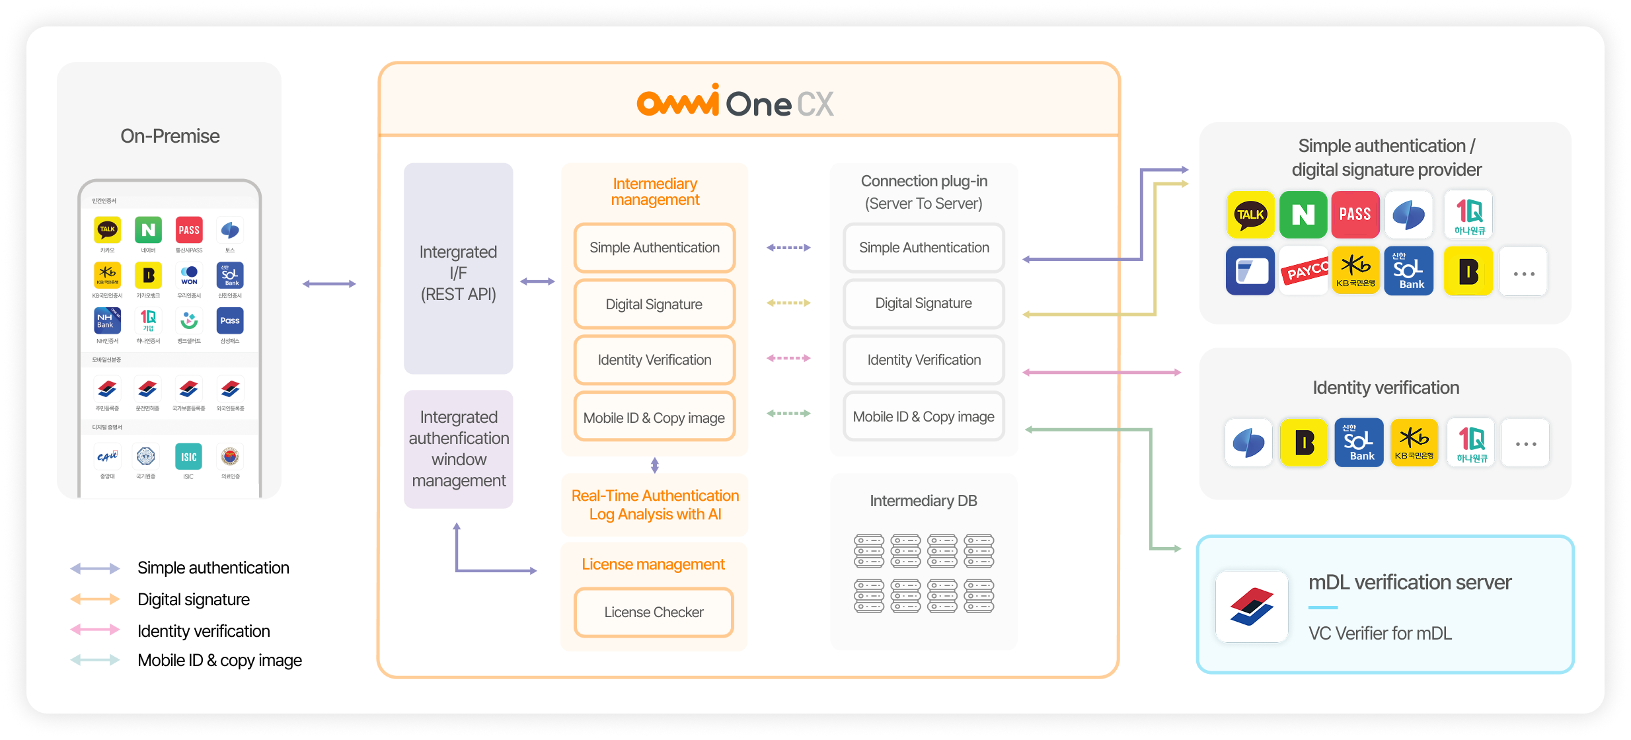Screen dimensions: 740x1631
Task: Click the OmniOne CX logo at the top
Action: (735, 102)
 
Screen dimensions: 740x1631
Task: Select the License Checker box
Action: (654, 612)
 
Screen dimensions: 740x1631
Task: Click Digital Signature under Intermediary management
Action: (654, 304)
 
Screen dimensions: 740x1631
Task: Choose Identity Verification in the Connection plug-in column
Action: (923, 360)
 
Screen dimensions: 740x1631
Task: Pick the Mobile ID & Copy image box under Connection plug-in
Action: (923, 417)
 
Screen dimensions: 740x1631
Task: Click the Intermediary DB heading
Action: (923, 501)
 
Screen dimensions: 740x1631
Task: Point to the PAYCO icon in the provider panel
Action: (1304, 272)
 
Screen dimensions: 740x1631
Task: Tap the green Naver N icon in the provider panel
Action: (1303, 215)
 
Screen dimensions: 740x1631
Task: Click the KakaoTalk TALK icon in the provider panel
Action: (1250, 215)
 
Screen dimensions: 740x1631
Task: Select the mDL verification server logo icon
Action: (1252, 607)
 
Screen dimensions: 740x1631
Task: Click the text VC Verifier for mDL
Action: (1380, 633)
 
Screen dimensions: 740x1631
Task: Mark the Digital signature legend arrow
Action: (95, 599)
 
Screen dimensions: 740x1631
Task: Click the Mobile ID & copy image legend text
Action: (219, 660)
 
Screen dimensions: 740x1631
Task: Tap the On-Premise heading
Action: (170, 136)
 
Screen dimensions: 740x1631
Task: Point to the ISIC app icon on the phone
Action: (188, 457)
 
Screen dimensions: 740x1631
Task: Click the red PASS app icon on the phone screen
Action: (189, 230)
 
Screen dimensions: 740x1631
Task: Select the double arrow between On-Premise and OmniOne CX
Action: (329, 284)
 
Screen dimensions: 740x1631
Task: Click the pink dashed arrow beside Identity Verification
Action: (788, 358)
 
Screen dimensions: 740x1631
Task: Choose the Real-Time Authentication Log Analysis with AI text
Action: (655, 505)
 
